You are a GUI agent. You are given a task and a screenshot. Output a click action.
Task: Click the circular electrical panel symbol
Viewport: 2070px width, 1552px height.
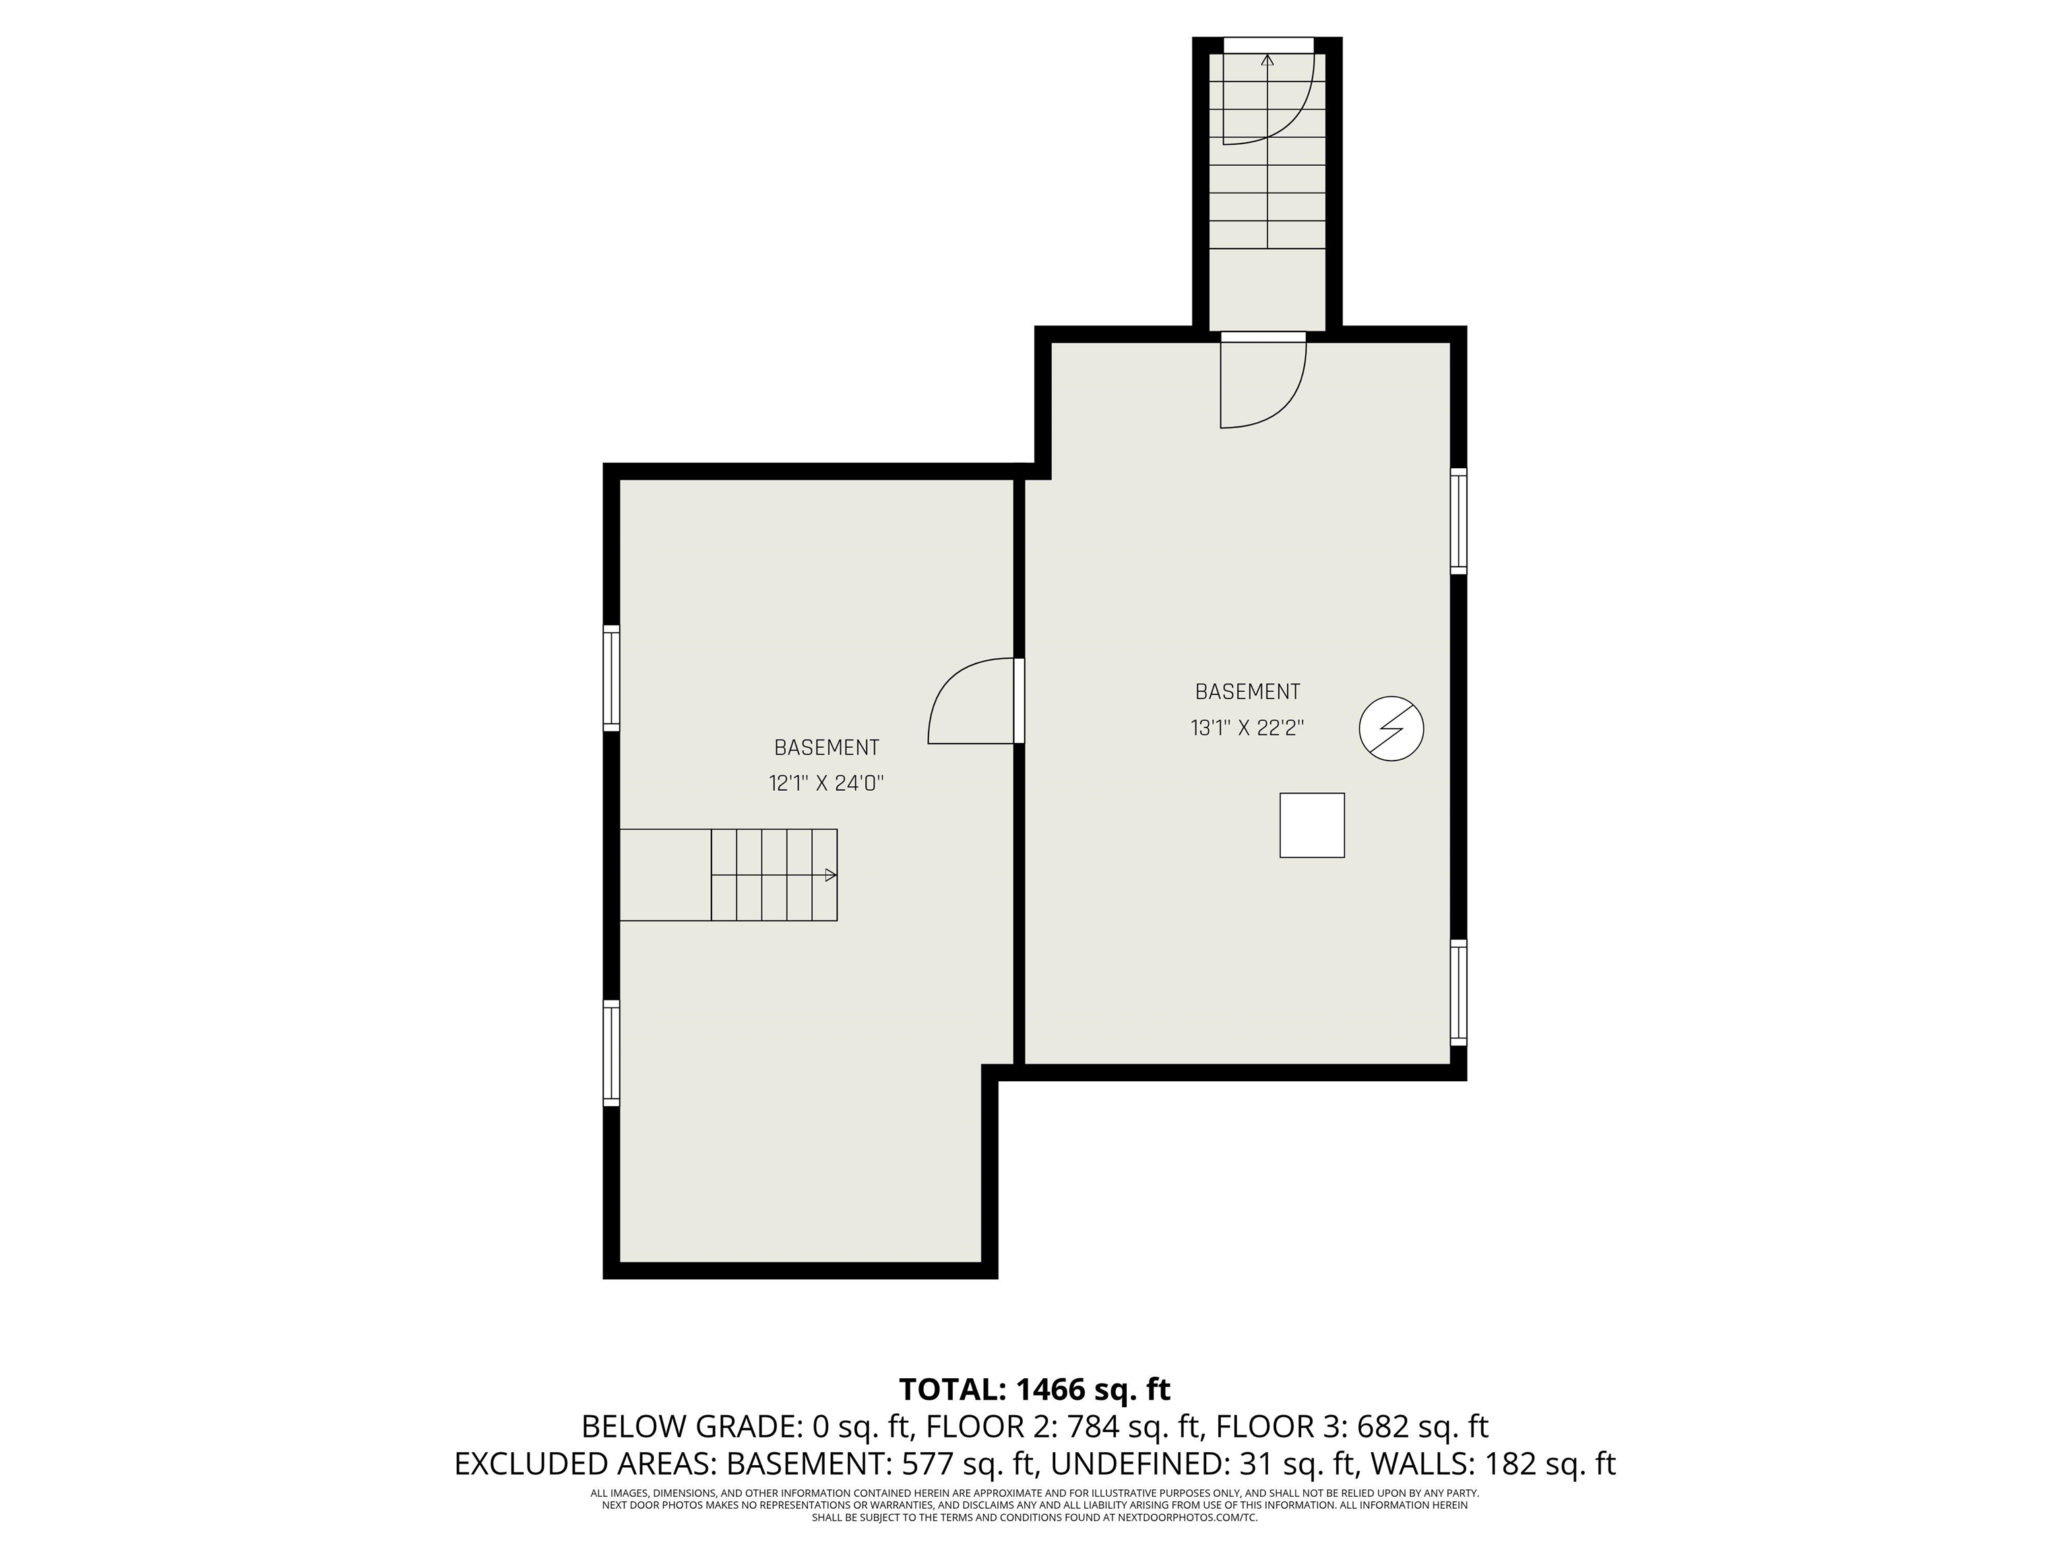click(x=1391, y=727)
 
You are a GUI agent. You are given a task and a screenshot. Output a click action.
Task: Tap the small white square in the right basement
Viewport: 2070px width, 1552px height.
click(x=1312, y=825)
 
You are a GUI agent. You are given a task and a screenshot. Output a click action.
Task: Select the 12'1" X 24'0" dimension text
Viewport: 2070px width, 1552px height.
click(x=826, y=783)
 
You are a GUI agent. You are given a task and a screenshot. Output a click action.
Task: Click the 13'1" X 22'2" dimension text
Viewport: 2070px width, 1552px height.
click(x=1247, y=727)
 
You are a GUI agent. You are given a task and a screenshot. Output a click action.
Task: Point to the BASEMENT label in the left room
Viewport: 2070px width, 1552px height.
click(x=826, y=748)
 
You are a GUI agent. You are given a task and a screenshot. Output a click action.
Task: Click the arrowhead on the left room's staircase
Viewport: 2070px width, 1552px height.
click(x=830, y=875)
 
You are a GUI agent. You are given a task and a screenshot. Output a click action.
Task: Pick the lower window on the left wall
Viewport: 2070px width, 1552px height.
click(x=611, y=1054)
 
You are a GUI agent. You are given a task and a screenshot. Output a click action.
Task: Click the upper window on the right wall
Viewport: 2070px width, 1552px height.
click(x=1458, y=520)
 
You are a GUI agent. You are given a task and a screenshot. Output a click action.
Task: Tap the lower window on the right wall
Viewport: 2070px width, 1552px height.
click(x=1458, y=992)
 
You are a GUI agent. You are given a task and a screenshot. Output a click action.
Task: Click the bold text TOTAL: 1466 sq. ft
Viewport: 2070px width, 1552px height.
click(x=1035, y=1389)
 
